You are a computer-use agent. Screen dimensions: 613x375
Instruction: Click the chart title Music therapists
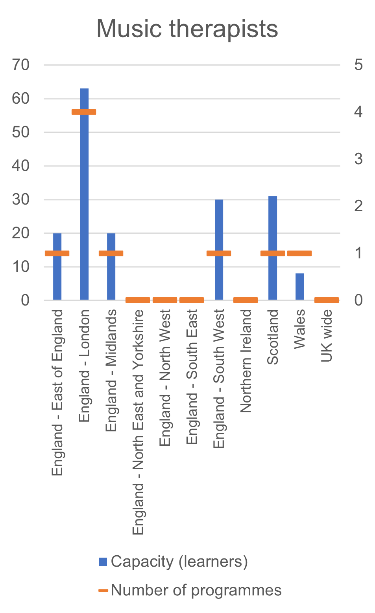(x=187, y=29)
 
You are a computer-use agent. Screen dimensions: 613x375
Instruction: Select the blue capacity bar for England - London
(x=84, y=196)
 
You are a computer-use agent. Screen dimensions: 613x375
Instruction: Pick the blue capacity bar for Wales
(x=299, y=287)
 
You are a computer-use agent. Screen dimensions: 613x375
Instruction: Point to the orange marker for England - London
(x=84, y=112)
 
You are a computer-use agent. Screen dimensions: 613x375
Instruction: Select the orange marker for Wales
(x=299, y=253)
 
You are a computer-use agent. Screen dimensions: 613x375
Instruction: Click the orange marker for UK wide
(x=327, y=300)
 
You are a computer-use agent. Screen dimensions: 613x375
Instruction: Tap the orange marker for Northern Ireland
(x=246, y=300)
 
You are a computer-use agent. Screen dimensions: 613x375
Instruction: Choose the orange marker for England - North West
(x=165, y=300)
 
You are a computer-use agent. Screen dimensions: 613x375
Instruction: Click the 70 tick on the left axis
(x=21, y=65)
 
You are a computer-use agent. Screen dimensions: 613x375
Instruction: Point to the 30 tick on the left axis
(x=21, y=199)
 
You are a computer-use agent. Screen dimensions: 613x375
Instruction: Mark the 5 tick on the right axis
(x=358, y=65)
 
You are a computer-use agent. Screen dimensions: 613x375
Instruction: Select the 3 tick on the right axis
(x=358, y=159)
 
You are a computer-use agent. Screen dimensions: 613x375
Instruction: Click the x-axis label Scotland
(x=273, y=337)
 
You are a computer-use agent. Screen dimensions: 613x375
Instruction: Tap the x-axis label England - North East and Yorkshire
(x=138, y=422)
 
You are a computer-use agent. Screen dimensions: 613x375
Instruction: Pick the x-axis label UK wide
(x=327, y=336)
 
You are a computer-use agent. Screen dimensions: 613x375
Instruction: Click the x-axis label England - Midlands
(x=111, y=370)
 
